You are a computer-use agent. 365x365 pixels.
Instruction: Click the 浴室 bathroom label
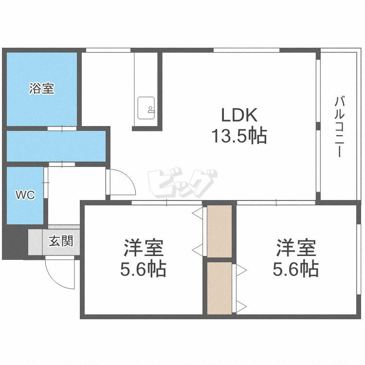click(42, 89)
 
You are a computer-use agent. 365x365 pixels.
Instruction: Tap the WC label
click(25, 195)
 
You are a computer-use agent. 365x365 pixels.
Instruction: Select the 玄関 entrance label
click(61, 241)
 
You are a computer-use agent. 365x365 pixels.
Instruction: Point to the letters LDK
click(239, 115)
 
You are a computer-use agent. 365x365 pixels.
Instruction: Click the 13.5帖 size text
click(239, 136)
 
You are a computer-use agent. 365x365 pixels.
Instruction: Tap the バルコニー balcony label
click(340, 127)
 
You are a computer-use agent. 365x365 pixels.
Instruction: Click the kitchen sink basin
click(146, 108)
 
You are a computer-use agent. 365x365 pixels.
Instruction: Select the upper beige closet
click(219, 231)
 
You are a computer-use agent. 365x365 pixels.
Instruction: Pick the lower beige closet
click(219, 288)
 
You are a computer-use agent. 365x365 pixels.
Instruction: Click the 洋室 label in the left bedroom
click(144, 248)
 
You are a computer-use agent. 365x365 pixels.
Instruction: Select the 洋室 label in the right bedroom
click(296, 248)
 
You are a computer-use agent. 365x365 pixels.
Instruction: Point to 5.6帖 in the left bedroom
click(143, 269)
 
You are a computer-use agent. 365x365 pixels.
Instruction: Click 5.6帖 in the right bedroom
click(295, 269)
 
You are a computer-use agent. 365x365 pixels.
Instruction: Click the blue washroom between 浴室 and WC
click(56, 146)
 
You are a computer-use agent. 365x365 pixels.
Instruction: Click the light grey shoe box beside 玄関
click(36, 242)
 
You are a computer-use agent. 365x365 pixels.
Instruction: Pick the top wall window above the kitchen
click(108, 50)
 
